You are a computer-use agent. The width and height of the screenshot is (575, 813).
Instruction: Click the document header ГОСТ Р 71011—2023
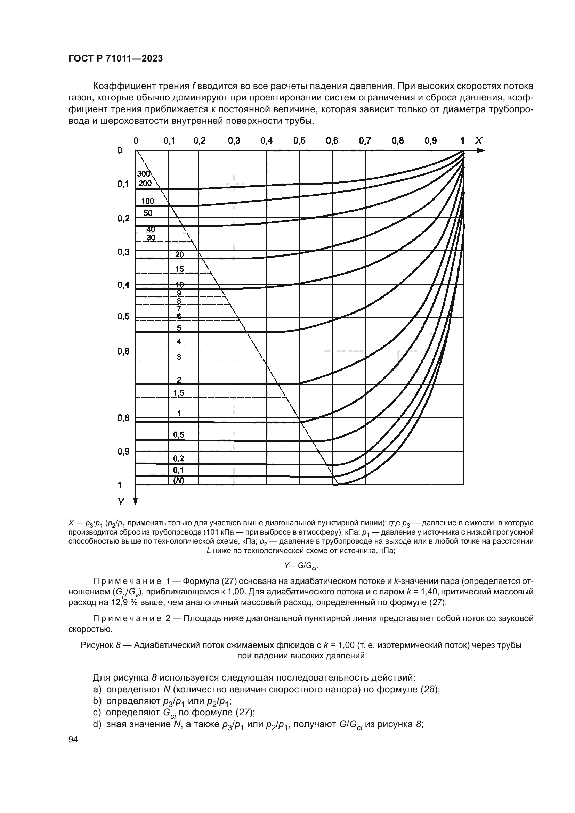click(115, 59)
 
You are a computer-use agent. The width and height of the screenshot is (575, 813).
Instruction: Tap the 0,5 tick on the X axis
click(299, 141)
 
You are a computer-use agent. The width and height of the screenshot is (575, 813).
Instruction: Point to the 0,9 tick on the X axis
click(430, 141)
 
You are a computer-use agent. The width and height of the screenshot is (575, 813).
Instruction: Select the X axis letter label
click(478, 141)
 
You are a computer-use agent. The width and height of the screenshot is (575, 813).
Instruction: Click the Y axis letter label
click(121, 502)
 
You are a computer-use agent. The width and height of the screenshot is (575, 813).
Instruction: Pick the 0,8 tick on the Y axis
click(123, 418)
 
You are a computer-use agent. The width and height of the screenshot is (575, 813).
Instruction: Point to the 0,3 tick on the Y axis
click(123, 252)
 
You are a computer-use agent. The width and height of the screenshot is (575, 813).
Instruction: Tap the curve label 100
click(148, 202)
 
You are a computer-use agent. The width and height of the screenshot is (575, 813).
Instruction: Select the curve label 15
click(179, 269)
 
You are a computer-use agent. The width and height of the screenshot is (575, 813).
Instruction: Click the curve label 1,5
click(178, 393)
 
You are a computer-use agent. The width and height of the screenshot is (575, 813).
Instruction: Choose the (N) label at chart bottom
click(179, 480)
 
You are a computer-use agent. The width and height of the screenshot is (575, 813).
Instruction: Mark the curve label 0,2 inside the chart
click(178, 459)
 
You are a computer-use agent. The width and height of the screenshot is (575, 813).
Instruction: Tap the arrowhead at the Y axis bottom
click(135, 502)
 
